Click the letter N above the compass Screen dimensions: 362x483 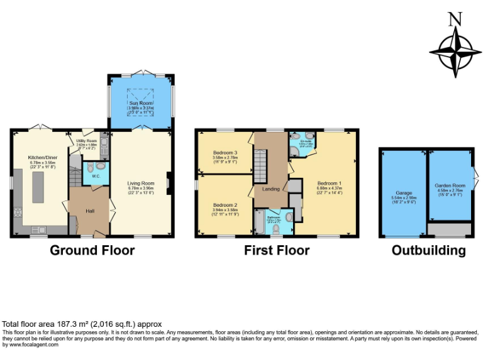[454, 19]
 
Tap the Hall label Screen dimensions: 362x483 [90, 211]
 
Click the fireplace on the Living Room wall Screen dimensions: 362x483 [168, 184]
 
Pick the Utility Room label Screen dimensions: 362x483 [86, 141]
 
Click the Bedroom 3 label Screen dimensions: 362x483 [225, 153]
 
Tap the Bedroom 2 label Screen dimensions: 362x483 [225, 206]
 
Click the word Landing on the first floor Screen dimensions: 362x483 [271, 189]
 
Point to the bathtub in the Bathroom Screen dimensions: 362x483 [260, 222]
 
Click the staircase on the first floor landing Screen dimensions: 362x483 [260, 163]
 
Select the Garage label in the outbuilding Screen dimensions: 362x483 [403, 193]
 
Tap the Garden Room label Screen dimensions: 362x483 [450, 186]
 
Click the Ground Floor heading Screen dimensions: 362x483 [92, 250]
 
